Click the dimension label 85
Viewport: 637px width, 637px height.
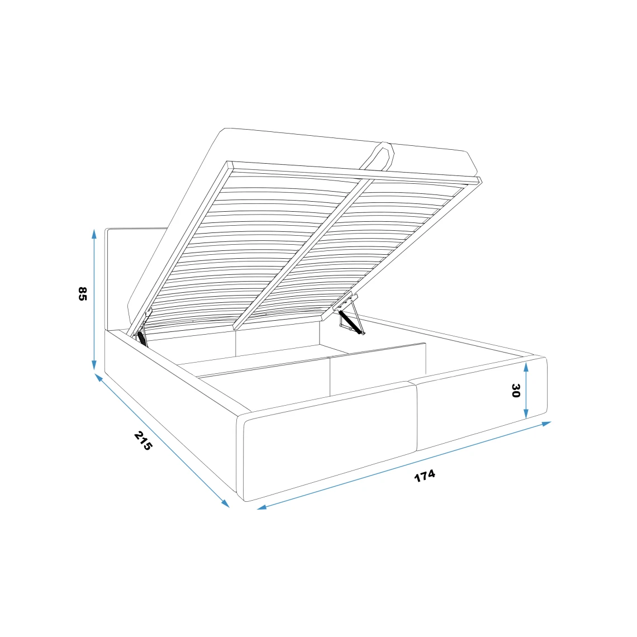tap(82, 294)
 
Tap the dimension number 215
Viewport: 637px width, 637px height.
tap(143, 441)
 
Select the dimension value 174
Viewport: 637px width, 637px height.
tap(425, 476)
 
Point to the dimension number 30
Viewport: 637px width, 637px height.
tap(515, 391)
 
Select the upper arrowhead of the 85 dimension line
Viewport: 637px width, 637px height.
tap(94, 233)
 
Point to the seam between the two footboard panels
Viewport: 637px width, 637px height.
tap(416, 416)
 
